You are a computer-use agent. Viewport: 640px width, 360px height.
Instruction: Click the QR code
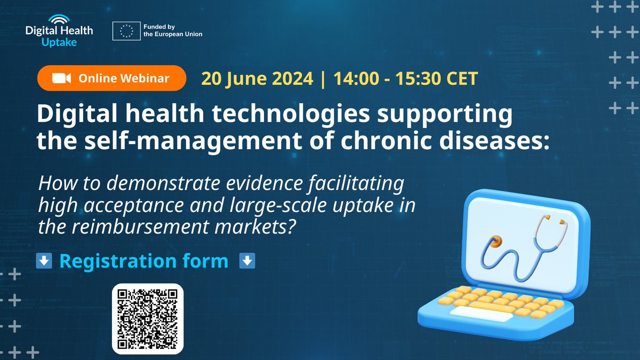(x=147, y=318)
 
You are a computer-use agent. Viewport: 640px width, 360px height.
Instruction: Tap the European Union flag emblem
(x=126, y=31)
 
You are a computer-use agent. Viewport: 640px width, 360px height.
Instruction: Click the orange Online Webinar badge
(x=111, y=78)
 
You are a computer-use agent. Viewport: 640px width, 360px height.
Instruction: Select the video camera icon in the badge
(x=61, y=78)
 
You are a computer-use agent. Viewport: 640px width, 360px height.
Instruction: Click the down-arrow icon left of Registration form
(x=44, y=261)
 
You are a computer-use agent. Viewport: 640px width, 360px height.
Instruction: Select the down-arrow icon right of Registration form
(x=247, y=261)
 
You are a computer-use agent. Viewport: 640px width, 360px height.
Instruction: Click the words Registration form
(x=143, y=261)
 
